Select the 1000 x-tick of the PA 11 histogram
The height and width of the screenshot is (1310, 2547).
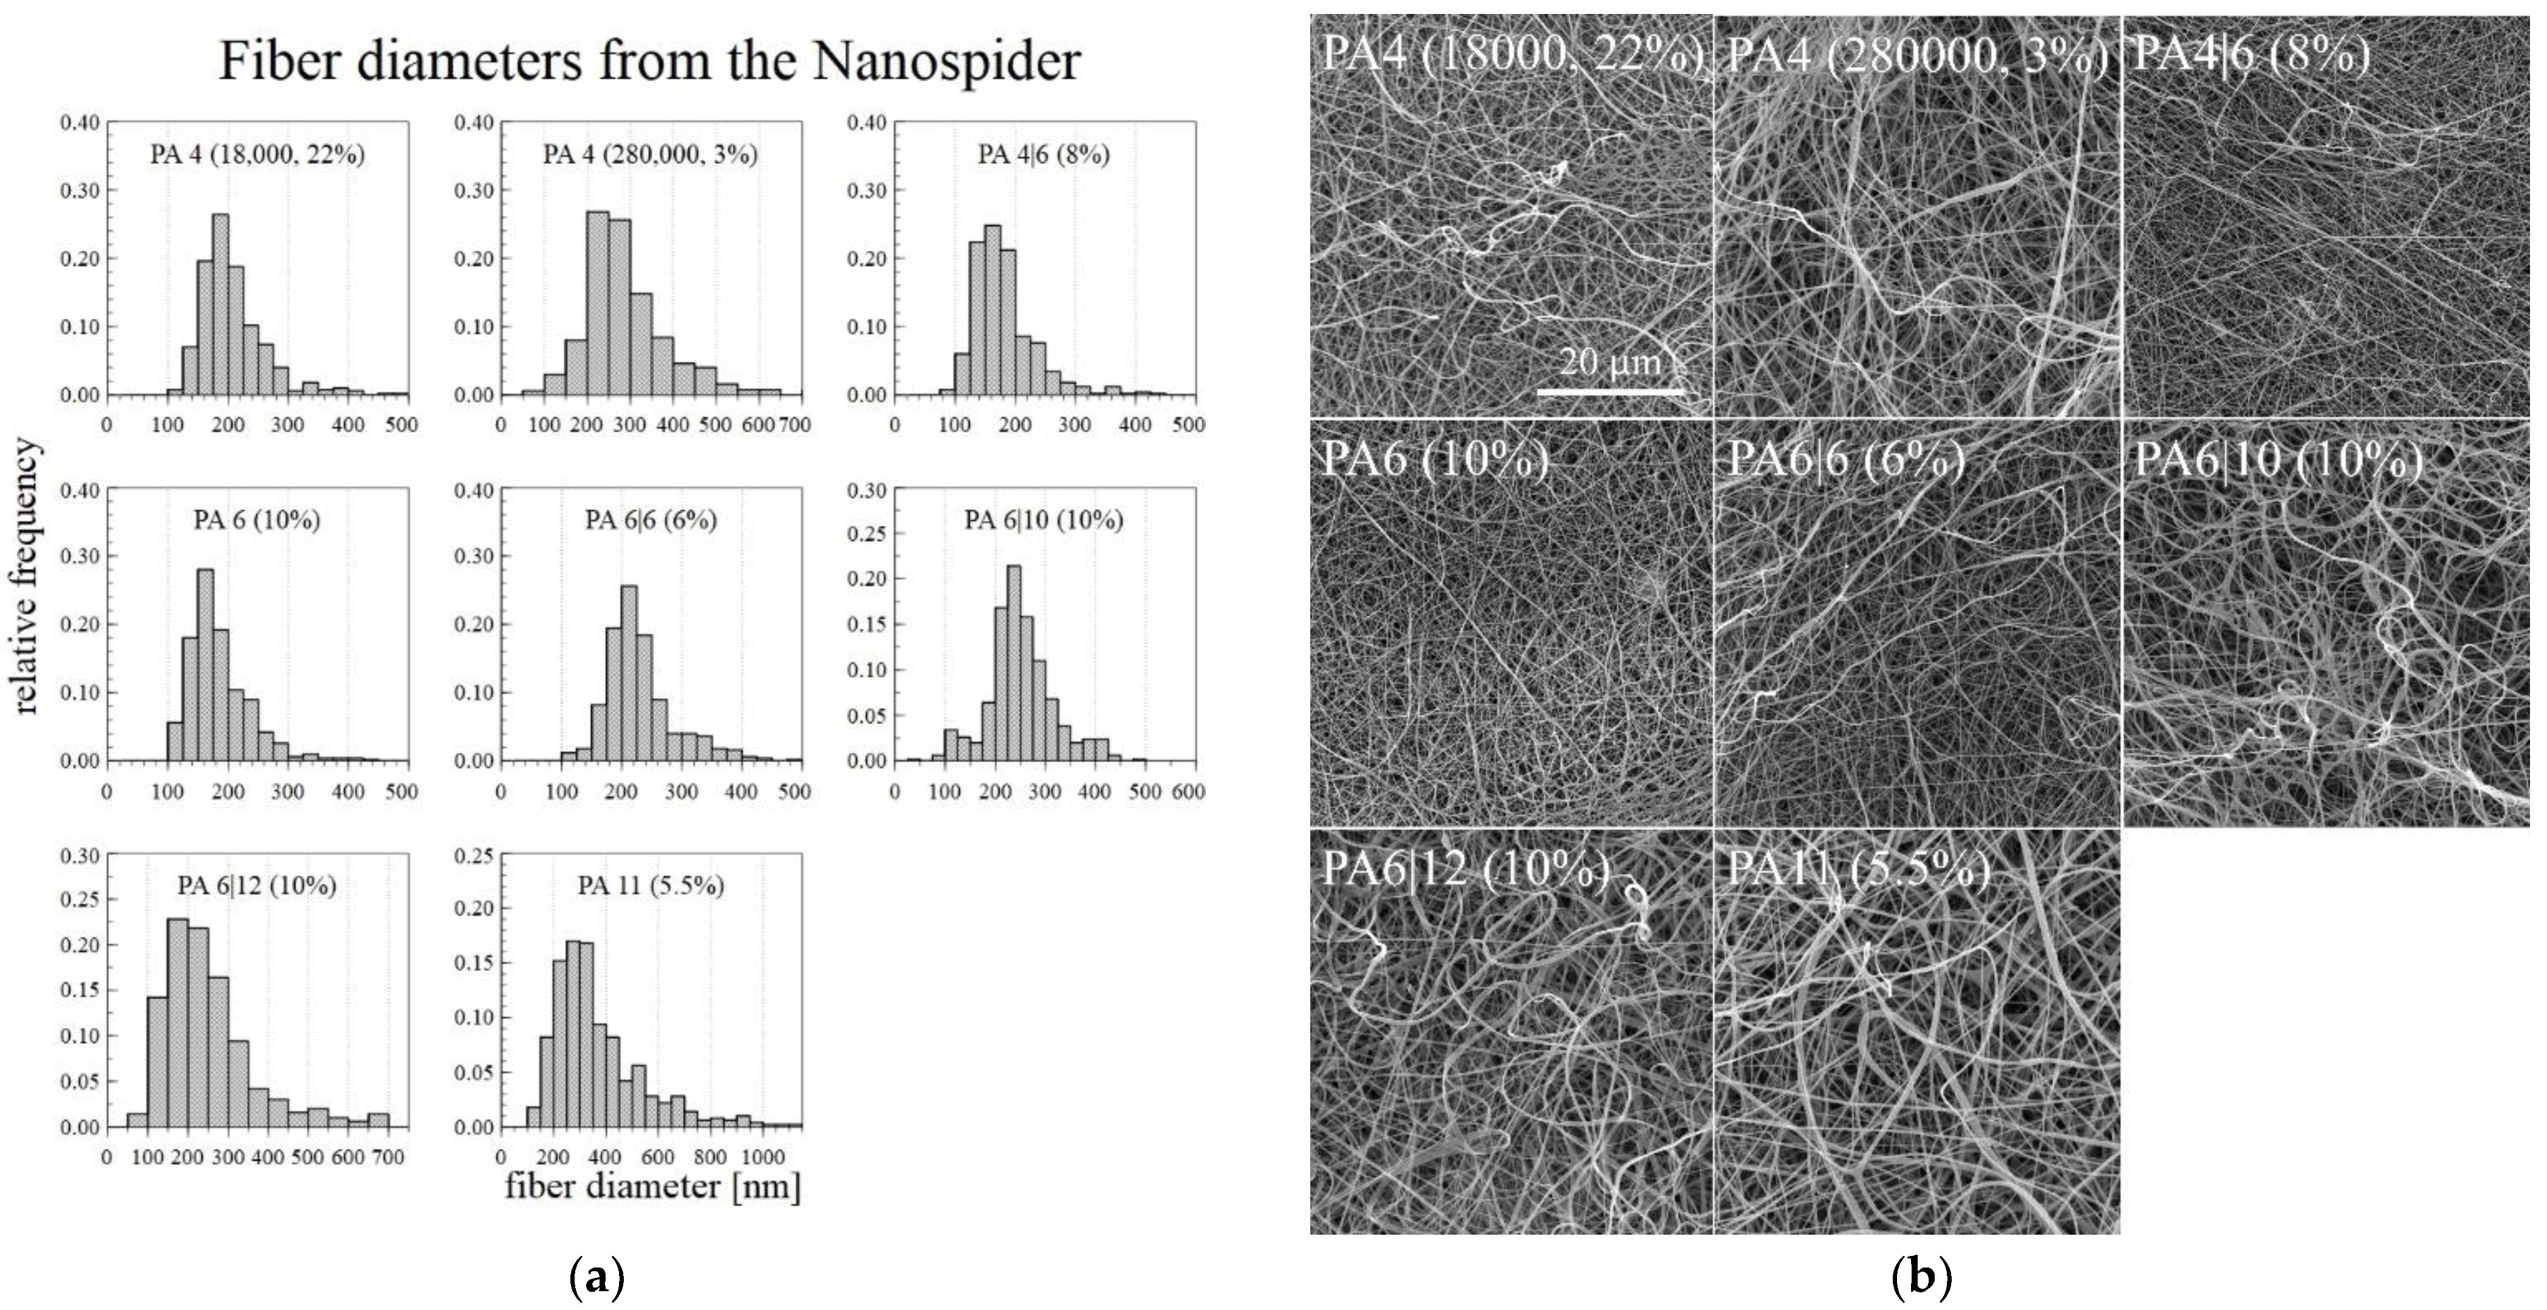pyautogui.click(x=762, y=1157)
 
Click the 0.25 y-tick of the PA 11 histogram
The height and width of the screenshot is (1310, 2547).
pyautogui.click(x=473, y=855)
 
